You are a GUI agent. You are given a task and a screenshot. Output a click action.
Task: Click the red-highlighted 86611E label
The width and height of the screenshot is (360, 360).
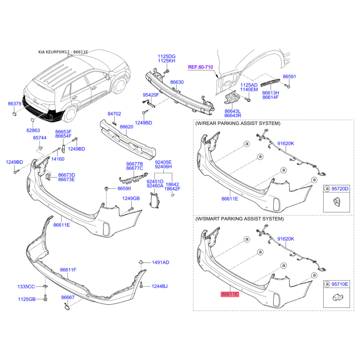(x=230, y=294)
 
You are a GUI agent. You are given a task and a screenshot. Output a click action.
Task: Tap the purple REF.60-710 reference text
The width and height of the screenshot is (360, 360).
(x=200, y=67)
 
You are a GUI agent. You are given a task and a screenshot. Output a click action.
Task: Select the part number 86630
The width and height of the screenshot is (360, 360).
(x=177, y=82)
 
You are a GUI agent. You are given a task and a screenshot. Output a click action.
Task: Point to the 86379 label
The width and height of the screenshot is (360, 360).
(x=14, y=103)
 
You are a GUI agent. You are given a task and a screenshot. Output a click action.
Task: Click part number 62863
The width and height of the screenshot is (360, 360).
(x=33, y=130)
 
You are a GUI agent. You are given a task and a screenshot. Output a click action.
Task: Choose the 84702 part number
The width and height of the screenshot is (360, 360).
(x=114, y=114)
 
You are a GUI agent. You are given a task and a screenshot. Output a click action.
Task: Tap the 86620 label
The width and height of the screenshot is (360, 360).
(x=126, y=127)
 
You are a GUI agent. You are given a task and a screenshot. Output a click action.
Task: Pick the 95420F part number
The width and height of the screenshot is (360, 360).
(x=151, y=95)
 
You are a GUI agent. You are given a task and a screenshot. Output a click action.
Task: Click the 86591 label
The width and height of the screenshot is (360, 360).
(x=289, y=76)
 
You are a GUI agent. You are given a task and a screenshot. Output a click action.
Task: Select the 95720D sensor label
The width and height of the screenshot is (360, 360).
(x=340, y=189)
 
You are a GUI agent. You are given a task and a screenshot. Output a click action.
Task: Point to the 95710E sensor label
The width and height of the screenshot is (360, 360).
(x=340, y=284)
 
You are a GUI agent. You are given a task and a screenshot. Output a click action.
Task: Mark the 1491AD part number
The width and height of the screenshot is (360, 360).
(x=161, y=262)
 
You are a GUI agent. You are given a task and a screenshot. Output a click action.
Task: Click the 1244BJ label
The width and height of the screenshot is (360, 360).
(x=160, y=286)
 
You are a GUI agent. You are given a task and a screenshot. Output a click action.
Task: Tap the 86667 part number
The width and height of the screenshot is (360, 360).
(x=68, y=297)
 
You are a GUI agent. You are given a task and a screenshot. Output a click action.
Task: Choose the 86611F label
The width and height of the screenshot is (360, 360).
(x=68, y=270)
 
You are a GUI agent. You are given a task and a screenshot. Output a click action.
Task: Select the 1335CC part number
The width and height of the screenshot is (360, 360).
(x=26, y=287)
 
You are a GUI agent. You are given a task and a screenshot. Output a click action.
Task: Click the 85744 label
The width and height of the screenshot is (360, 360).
(x=40, y=138)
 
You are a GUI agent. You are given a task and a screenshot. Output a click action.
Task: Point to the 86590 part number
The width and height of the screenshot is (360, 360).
(x=124, y=189)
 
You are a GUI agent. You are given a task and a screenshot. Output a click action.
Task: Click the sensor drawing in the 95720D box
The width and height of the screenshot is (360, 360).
(x=337, y=202)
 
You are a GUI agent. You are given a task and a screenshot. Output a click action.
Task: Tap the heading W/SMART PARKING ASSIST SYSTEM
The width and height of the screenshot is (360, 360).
(x=239, y=219)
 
